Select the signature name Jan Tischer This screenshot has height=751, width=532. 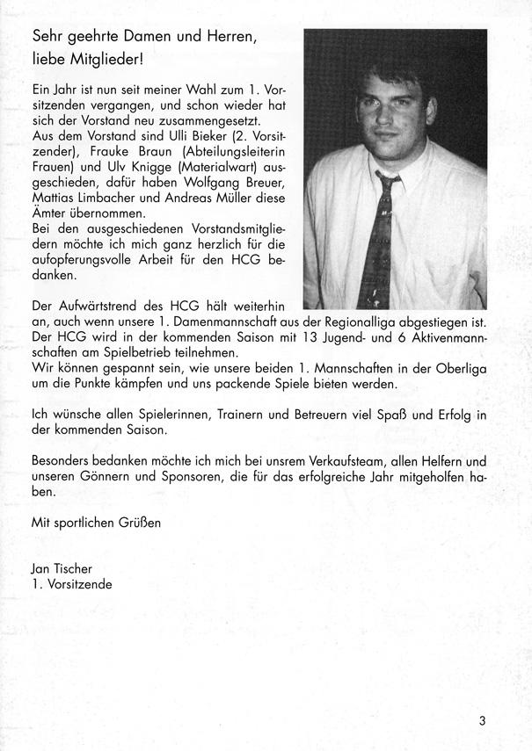(62, 568)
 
